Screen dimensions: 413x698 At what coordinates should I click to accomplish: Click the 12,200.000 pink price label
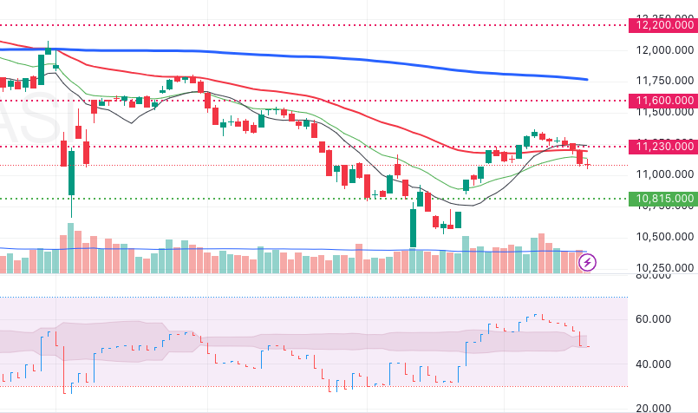(x=665, y=26)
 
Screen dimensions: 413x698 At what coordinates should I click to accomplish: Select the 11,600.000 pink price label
(x=665, y=101)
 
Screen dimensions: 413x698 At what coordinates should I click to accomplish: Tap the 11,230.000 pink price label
(x=665, y=147)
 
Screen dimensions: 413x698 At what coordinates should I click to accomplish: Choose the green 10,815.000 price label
(x=665, y=199)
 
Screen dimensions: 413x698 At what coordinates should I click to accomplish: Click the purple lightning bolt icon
(x=588, y=261)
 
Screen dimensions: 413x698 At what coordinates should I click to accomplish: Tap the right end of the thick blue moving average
(x=587, y=79)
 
